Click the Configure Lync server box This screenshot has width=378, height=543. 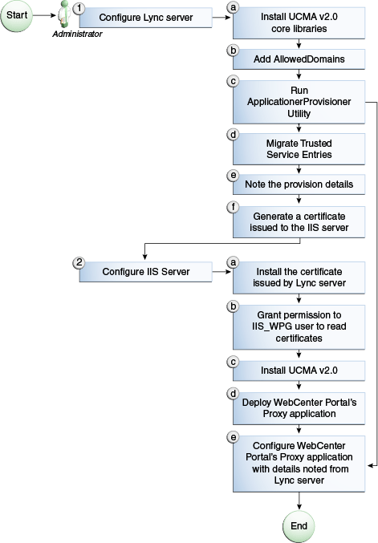pos(145,18)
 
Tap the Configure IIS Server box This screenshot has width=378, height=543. pos(145,272)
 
